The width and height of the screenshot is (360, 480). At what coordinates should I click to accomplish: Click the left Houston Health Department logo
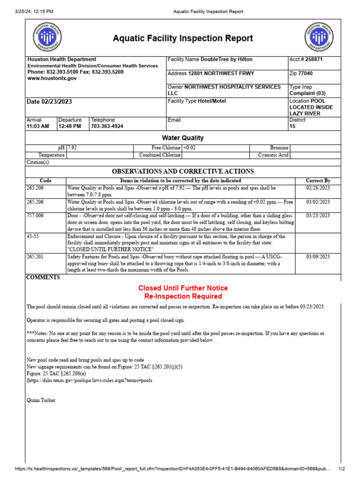pos(46,37)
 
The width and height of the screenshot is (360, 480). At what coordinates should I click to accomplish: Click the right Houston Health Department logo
pos(319,37)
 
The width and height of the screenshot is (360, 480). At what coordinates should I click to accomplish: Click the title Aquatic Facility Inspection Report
pos(183,38)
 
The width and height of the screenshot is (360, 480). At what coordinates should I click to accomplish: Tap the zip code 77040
pos(305,74)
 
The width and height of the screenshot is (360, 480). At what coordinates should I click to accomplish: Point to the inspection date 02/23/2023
pos(49,102)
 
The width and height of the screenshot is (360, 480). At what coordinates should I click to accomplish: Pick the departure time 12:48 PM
pos(70,127)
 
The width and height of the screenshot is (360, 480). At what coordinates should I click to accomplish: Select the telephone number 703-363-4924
pos(108,127)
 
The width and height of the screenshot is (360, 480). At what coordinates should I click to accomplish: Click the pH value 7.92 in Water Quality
pos(73,148)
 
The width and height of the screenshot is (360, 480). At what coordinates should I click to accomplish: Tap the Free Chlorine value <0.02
pos(190,148)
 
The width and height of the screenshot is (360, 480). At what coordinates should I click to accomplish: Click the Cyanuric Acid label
pos(273,155)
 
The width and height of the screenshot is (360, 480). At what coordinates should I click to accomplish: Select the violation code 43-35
pos(33,237)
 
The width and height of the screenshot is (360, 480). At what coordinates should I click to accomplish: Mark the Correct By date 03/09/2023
pos(318,257)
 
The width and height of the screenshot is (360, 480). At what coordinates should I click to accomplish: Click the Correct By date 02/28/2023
pos(318,187)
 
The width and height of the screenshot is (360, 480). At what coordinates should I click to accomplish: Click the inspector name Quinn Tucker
pos(42,400)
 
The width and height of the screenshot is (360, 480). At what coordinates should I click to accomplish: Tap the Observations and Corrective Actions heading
pos(182,171)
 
